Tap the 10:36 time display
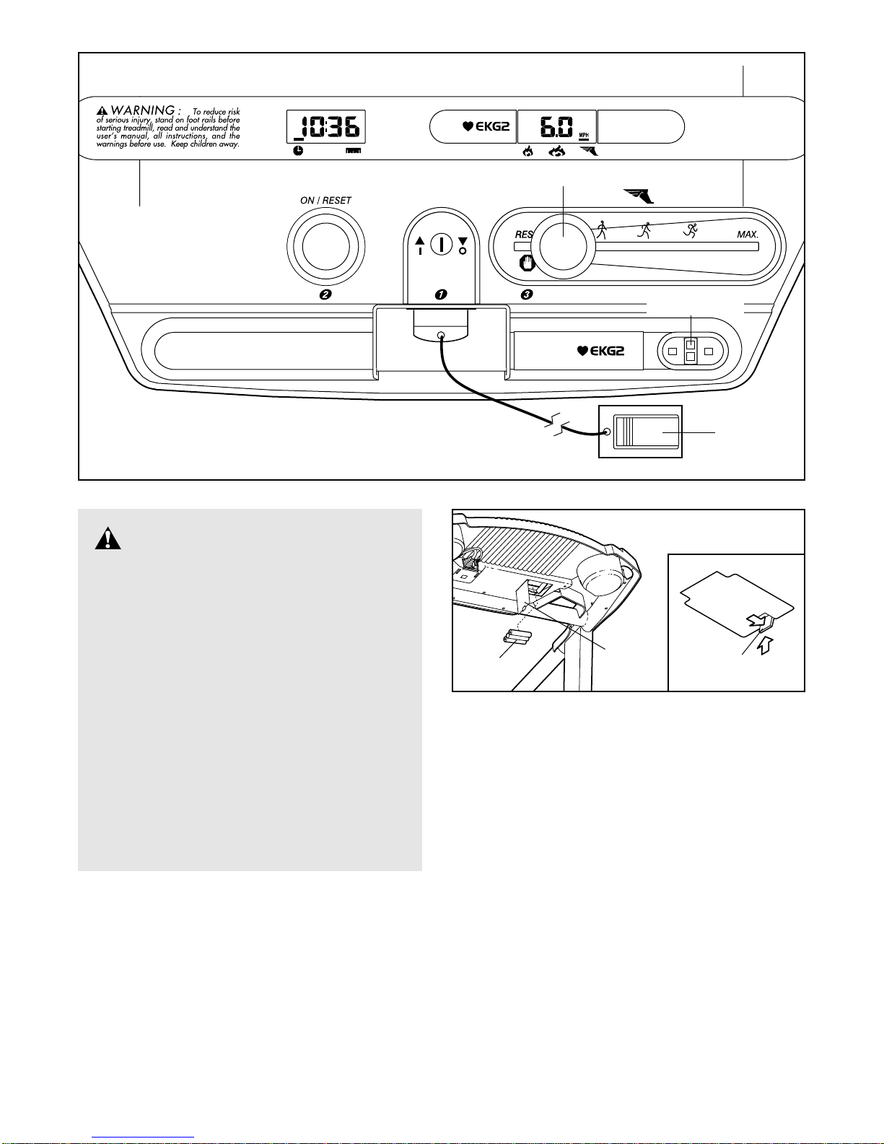pyautogui.click(x=325, y=128)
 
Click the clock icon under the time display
pyautogui.click(x=298, y=151)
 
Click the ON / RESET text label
pyautogui.click(x=325, y=201)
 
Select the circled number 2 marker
pyautogui.click(x=325, y=294)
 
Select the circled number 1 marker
pyautogui.click(x=441, y=294)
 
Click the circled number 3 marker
pyautogui.click(x=528, y=294)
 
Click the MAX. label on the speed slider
pyautogui.click(x=748, y=235)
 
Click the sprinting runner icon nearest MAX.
pyautogui.click(x=691, y=230)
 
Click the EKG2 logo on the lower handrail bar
pyautogui.click(x=600, y=352)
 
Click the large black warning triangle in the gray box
pyautogui.click(x=108, y=538)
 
